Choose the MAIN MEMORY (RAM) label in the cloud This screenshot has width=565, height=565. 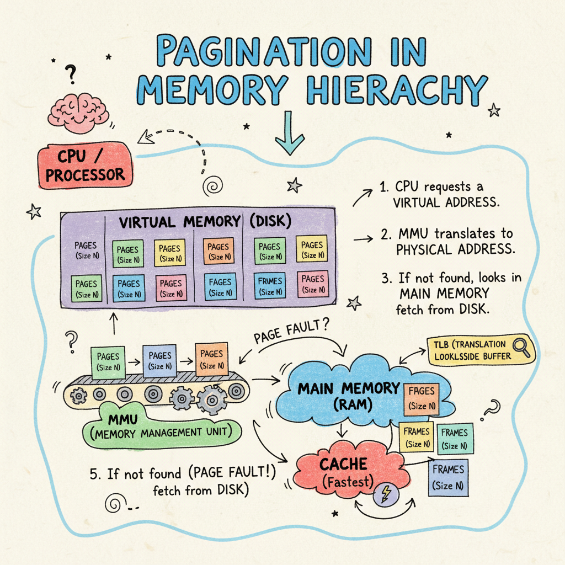tap(348, 395)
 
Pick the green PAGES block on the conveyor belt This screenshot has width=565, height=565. tap(108, 362)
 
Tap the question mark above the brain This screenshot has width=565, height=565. tap(71, 72)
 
